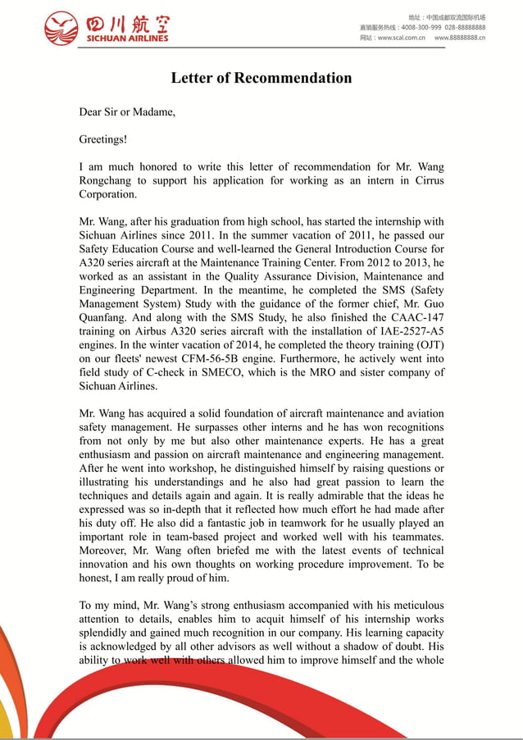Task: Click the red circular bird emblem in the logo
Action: (x=62, y=27)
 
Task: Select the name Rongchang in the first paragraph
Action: (x=104, y=180)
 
